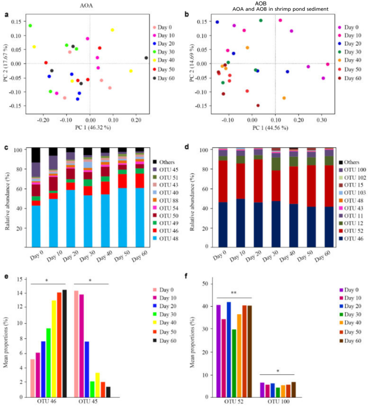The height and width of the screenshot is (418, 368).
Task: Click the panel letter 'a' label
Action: coord(7,14)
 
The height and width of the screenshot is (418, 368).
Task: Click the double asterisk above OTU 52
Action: coord(234,292)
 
